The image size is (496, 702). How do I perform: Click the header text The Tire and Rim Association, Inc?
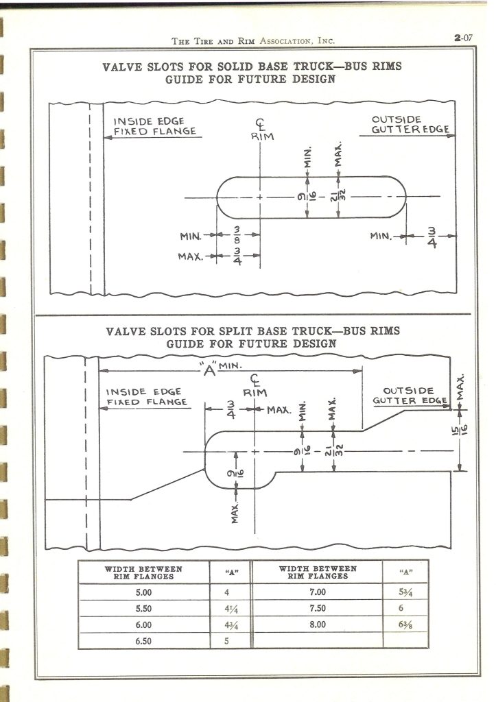[253, 41]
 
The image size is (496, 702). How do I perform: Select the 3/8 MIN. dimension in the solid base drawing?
[237, 235]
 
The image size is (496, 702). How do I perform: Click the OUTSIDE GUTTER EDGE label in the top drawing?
[410, 124]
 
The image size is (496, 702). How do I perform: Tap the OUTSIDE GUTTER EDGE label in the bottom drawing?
[410, 396]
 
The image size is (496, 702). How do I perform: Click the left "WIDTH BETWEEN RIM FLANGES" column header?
[143, 572]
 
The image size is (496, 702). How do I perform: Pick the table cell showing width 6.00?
[143, 625]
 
